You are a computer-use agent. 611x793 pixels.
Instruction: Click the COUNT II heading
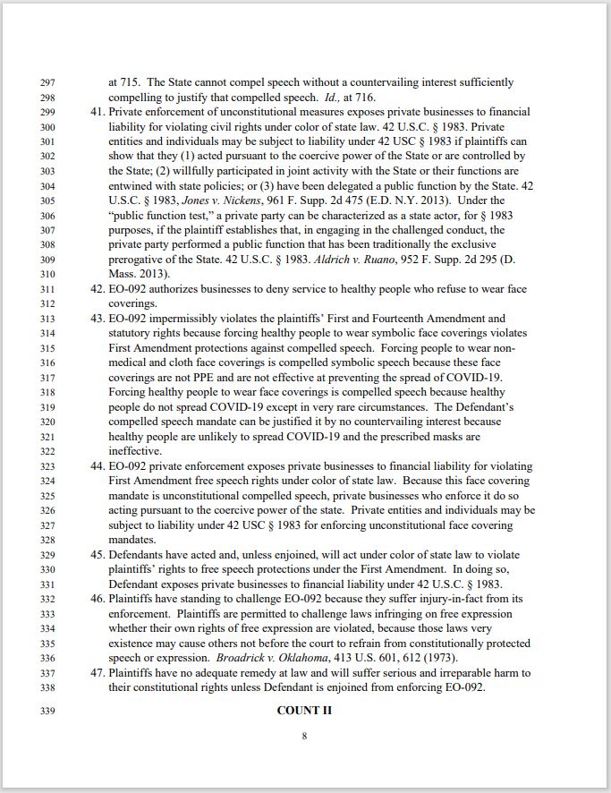[304, 712]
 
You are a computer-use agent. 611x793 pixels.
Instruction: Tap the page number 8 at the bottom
[304, 737]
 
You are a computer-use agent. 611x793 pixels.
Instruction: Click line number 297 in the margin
[48, 82]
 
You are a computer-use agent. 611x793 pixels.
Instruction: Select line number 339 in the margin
[48, 712]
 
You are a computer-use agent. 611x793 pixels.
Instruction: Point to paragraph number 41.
[98, 113]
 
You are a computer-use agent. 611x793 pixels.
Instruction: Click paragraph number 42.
[98, 289]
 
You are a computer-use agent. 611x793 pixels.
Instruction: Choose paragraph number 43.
[98, 319]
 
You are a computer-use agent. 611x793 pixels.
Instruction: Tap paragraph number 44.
[98, 466]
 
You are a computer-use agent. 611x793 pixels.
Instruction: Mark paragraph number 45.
[98, 555]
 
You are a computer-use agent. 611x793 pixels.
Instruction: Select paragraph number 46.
[98, 599]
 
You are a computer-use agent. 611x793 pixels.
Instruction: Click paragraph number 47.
[98, 673]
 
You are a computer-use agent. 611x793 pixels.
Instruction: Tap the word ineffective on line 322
[135, 451]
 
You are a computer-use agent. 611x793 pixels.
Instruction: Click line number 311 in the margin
[48, 289]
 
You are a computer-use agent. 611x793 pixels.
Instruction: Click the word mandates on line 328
[132, 540]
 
